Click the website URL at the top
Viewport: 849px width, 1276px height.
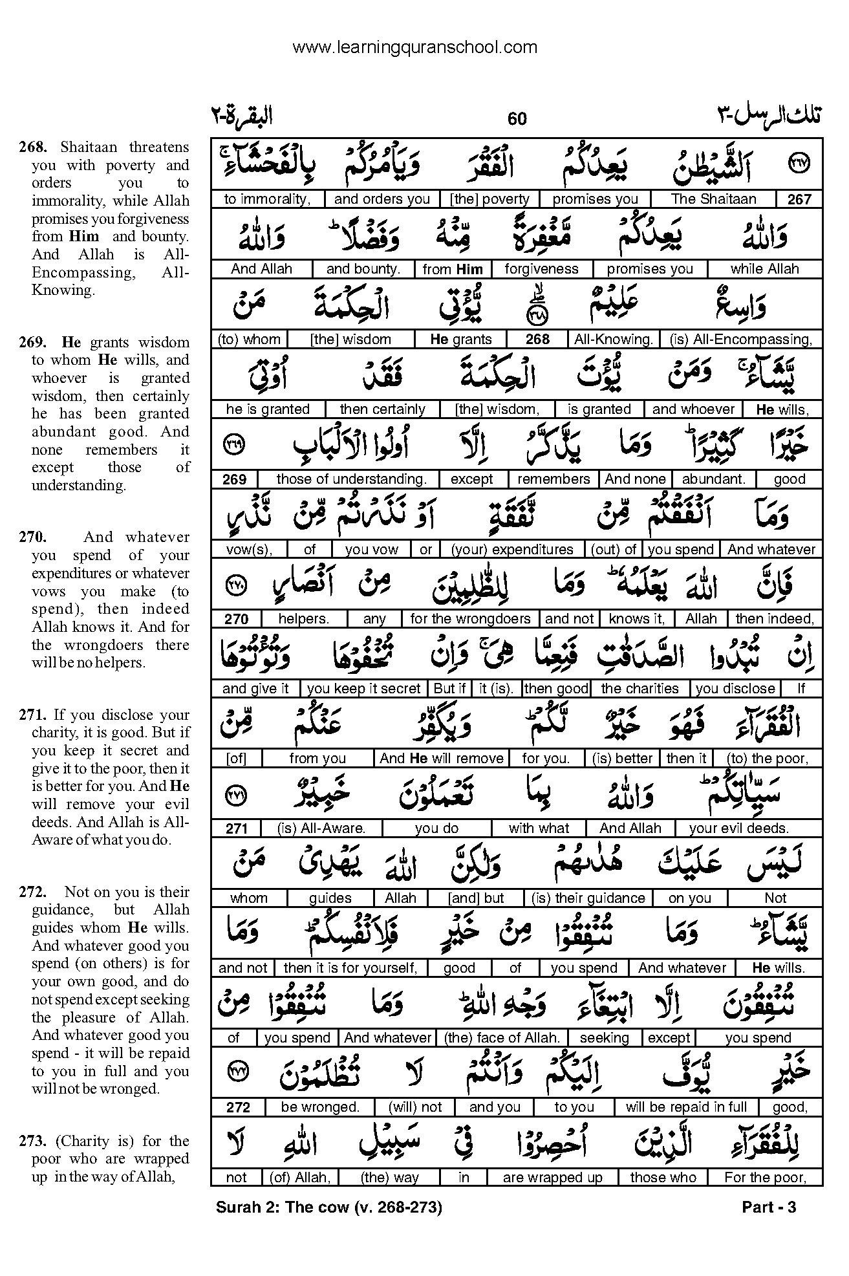[414, 47]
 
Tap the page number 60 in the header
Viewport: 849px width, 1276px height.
[517, 118]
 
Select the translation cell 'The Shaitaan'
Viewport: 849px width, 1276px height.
[713, 199]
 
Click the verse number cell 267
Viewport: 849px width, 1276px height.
[799, 200]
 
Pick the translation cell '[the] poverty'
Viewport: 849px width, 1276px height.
[490, 199]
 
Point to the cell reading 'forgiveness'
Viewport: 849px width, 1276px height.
[541, 269]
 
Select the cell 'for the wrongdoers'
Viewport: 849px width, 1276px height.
[470, 619]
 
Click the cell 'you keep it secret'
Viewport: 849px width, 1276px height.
[364, 689]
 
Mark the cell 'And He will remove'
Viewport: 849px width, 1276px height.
[442, 759]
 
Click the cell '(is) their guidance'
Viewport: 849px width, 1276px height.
[588, 898]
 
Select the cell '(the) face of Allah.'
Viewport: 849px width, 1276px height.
[501, 1038]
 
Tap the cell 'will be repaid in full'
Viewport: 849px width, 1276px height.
[686, 1107]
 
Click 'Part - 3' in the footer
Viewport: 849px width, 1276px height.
[769, 1207]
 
